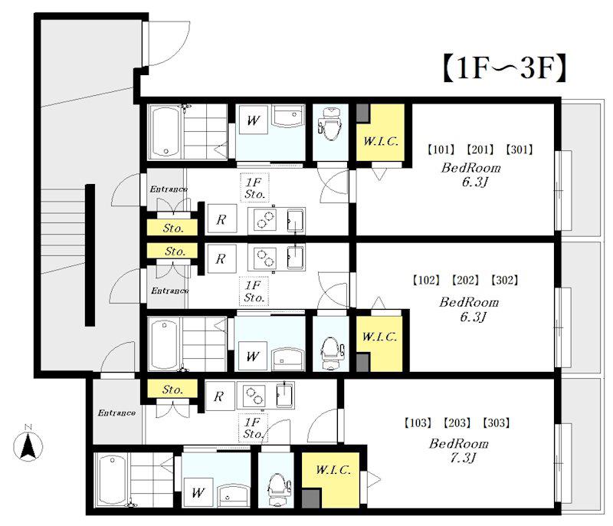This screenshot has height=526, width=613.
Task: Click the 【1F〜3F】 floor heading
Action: (504, 68)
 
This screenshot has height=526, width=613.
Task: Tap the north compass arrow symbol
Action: (28, 445)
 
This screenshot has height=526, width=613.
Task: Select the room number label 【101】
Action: (441, 150)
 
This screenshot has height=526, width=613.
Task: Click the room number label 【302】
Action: (504, 280)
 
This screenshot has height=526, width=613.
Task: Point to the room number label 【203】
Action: (457, 422)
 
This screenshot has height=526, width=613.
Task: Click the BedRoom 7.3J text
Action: (459, 451)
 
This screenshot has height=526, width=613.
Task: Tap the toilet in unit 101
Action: (331, 124)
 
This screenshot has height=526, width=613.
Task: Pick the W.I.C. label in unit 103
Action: (333, 470)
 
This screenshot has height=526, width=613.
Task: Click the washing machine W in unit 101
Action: (253, 120)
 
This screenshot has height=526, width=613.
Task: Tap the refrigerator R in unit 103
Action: (219, 396)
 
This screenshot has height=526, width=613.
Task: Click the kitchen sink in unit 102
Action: (296, 258)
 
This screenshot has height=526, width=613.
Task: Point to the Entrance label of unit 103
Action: (116, 413)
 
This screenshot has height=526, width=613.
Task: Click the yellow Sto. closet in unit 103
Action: (172, 390)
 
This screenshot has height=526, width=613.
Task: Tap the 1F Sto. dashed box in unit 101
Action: (254, 188)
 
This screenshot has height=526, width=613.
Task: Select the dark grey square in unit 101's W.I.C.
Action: (362, 113)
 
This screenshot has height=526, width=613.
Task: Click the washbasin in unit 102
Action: (289, 358)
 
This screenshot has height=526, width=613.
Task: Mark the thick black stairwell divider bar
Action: (90, 255)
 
